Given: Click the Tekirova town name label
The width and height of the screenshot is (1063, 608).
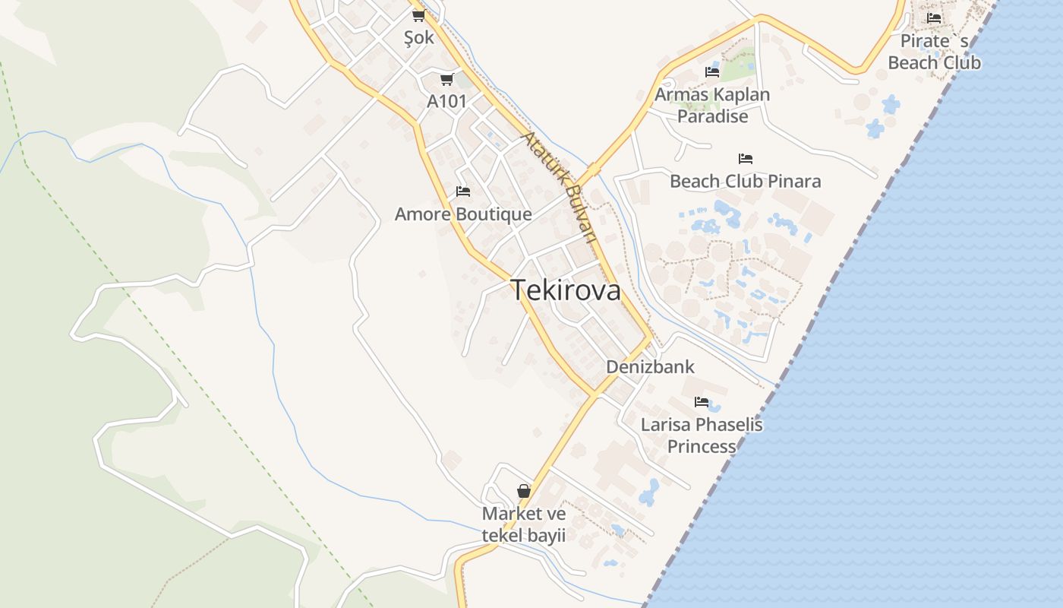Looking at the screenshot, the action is point(566,290).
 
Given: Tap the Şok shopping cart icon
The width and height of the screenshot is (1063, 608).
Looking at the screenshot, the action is point(418,15).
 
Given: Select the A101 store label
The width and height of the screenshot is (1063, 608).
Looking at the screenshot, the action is point(446,101).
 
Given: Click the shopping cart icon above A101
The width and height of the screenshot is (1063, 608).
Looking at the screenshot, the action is point(446,79).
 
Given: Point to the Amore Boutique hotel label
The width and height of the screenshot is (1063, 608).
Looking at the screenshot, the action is point(463,214).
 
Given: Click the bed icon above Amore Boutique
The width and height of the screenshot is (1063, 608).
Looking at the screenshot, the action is point(463,192).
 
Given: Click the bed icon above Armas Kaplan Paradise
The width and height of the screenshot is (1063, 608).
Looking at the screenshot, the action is point(712,72).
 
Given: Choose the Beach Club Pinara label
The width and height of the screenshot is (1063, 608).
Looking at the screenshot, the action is point(745,182).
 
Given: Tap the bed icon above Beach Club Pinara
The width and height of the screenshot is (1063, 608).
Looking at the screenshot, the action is point(746,159).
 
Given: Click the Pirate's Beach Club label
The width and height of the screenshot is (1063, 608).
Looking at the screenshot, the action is point(934,52).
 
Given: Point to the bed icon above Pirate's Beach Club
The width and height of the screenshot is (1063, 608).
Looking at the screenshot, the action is point(934,18).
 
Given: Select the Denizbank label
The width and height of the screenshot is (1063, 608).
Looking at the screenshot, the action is point(650,367).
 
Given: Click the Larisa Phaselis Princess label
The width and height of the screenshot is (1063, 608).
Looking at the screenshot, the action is point(702,435).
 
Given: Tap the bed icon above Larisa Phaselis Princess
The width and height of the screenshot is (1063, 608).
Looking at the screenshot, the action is point(702,401).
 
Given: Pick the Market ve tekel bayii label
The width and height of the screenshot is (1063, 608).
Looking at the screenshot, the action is point(524,524).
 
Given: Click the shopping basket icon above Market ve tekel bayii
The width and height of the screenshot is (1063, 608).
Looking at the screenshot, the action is point(524,491).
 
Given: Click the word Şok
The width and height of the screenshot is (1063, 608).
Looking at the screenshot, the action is point(419,37).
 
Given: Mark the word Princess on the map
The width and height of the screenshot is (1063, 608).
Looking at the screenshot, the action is point(702,447).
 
